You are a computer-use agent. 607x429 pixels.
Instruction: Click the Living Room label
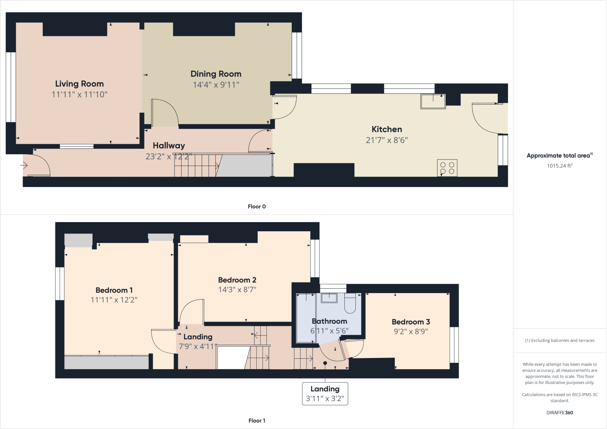79,84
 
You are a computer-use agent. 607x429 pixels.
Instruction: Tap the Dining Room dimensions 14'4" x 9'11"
216,85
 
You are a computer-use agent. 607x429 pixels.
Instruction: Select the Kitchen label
387,129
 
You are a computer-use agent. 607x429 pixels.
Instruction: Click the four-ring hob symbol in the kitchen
447,168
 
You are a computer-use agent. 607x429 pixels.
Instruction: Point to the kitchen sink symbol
433,101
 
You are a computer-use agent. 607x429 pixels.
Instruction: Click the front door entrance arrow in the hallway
24,165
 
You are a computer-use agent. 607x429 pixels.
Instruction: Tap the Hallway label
169,145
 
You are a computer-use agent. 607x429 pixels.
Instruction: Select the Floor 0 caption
257,206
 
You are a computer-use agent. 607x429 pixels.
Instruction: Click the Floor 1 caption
257,421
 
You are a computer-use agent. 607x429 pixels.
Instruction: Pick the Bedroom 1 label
114,290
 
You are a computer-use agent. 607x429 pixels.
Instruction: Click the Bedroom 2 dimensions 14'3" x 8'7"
237,290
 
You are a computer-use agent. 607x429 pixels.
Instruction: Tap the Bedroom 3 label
411,322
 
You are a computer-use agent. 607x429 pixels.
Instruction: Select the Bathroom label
329,321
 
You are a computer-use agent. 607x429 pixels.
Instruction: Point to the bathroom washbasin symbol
329,298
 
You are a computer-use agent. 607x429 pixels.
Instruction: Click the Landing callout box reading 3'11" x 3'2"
325,394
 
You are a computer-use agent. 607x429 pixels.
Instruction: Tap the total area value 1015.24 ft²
559,166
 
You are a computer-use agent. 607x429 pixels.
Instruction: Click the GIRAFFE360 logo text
559,413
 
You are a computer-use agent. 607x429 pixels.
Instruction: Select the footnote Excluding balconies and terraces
559,340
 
